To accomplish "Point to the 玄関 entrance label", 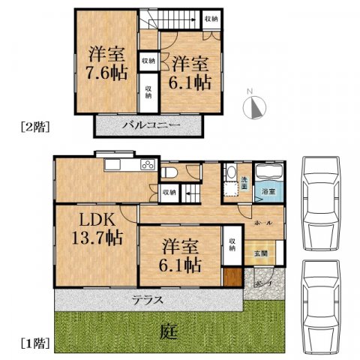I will tap(259, 253).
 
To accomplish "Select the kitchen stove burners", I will tap(148, 165).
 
